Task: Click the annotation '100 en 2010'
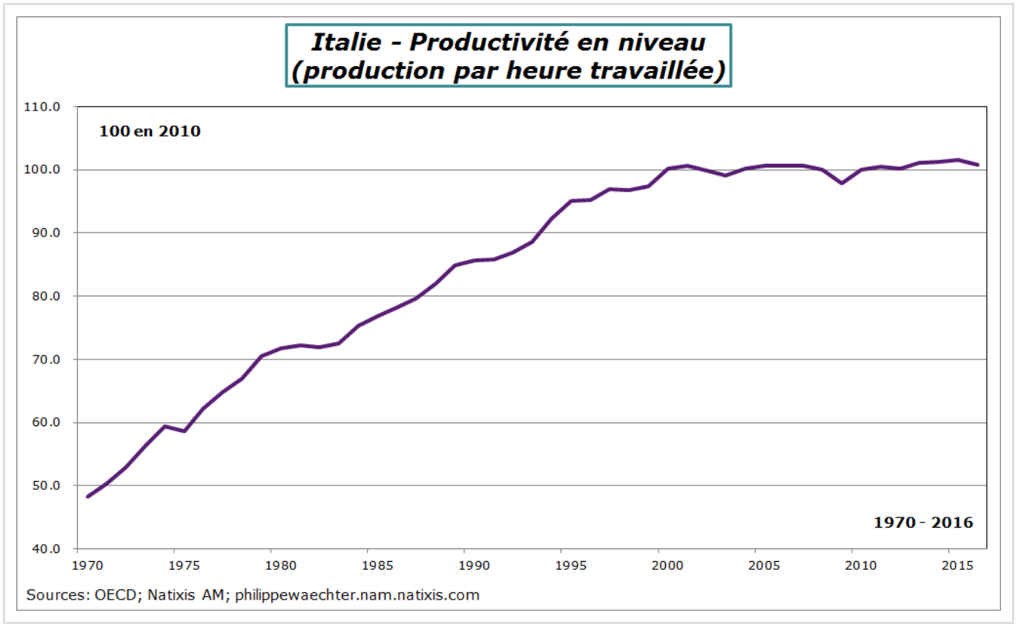[x=151, y=132]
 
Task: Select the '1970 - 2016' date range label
[x=923, y=522]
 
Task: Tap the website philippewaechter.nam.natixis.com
[x=357, y=595]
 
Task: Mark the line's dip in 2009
[x=842, y=182]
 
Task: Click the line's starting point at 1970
[x=87, y=496]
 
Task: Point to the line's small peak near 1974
[x=165, y=426]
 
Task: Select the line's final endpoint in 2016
[x=977, y=165]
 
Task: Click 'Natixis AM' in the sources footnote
[x=181, y=595]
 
